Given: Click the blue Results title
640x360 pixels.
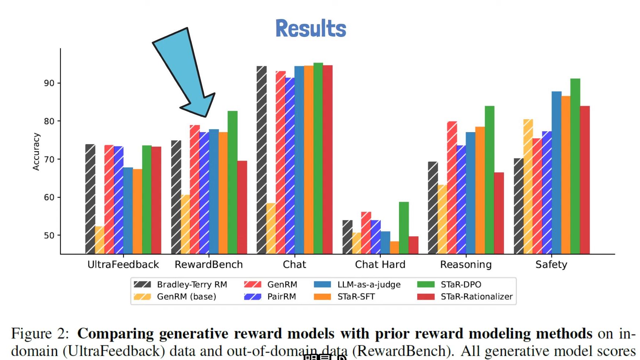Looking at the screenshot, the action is click(310, 29).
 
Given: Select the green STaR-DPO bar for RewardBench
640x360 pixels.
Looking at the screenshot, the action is click(233, 182).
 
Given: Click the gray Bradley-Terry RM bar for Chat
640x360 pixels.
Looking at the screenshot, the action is click(261, 160).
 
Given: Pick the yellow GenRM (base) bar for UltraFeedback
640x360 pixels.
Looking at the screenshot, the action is click(99, 240).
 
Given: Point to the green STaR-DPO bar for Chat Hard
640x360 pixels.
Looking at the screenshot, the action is click(404, 228).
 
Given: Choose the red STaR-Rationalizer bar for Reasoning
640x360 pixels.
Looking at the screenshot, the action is click(499, 213).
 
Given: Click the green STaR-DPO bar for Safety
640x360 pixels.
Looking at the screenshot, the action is click(575, 166).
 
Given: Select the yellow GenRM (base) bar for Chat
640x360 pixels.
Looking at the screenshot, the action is click(271, 229).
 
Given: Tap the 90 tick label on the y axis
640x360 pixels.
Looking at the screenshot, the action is click(49, 83).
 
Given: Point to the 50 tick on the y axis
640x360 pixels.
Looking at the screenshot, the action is click(49, 235).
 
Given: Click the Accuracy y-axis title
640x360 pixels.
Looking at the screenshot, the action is click(36, 151).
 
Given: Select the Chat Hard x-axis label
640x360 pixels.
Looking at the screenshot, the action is click(380, 264).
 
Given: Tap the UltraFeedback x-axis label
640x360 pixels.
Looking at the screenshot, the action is click(123, 264).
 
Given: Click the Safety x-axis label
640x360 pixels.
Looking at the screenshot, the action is click(551, 265).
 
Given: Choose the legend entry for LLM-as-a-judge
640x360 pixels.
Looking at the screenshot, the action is click(357, 285).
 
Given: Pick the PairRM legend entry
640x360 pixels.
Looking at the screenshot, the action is click(270, 296).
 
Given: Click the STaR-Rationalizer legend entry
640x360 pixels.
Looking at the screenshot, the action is click(465, 296).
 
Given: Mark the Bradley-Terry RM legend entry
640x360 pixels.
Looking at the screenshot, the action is click(180, 285).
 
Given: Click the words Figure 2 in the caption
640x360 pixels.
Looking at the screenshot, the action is click(40, 334).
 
